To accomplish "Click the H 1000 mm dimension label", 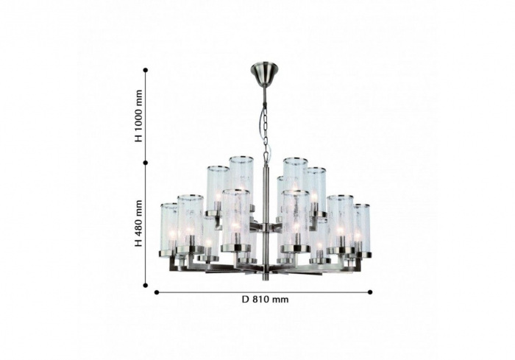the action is tap(139, 116).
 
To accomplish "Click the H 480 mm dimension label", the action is tap(139, 223).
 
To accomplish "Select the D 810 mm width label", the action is tap(266, 299).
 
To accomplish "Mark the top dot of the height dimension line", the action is tap(146, 70).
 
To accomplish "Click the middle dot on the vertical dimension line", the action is tap(146, 163).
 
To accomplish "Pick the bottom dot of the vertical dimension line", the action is tap(146, 286).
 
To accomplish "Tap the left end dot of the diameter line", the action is tap(157, 292).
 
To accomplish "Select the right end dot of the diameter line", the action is tap(370, 292).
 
